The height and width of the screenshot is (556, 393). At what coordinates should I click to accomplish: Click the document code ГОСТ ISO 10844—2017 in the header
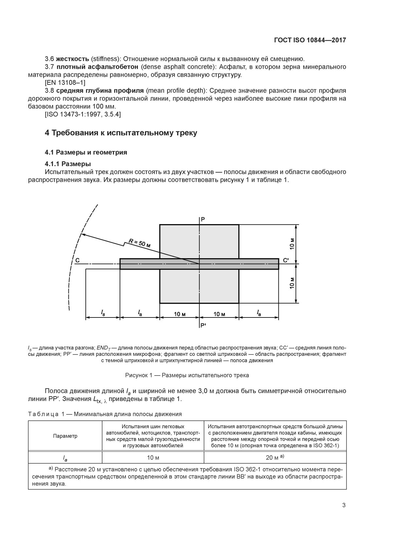pos(310,40)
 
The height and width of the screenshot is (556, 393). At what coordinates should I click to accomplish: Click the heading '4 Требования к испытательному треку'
pos(121,133)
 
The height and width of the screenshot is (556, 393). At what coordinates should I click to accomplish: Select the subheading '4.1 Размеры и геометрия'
pos(86,152)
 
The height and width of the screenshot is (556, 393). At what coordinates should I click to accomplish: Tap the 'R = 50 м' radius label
pos(139,243)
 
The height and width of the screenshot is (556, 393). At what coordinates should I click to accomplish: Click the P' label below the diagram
pos(203,325)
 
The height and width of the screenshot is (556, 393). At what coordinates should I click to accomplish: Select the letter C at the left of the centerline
pos(77,260)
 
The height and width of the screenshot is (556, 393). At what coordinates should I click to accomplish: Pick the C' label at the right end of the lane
pos(286,260)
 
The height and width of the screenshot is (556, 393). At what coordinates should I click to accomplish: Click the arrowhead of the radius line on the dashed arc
pos(83,235)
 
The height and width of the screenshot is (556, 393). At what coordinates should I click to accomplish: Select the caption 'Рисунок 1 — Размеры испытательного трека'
pos(187,375)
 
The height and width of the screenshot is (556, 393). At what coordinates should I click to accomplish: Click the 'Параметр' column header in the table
pos(65,436)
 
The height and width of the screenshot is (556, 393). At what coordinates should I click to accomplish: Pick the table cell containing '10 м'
pos(153,457)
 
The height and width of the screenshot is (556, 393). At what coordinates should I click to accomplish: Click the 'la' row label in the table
pos(65,457)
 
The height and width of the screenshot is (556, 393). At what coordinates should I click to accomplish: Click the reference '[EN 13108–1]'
pos(65,83)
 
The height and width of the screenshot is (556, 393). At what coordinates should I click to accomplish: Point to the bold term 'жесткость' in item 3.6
pos(72,59)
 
